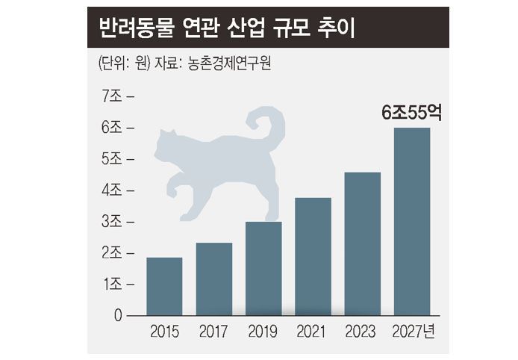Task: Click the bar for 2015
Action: (x=164, y=287)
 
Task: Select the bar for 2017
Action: (x=214, y=279)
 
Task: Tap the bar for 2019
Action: (x=263, y=269)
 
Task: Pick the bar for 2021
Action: (x=313, y=257)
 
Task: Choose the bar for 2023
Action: (x=362, y=244)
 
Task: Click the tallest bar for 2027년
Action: (x=412, y=222)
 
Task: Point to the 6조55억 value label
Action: (x=412, y=114)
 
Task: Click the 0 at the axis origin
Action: (x=118, y=316)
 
